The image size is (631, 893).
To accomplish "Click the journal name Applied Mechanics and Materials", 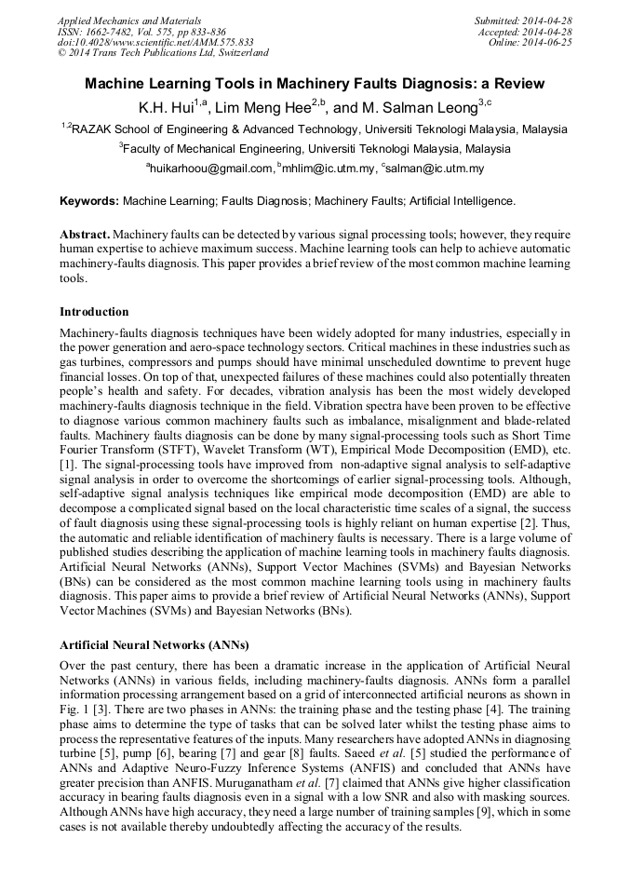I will tap(129, 20).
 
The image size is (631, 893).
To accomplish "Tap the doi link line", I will tap(155, 42).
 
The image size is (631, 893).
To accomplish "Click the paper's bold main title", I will tap(315, 84).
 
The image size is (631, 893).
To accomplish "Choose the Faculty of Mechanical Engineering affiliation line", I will tap(315, 149).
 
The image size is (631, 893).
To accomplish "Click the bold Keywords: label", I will tap(89, 201).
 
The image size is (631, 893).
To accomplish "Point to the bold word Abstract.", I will tap(84, 234).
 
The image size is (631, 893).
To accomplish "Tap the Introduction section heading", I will tap(94, 311).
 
